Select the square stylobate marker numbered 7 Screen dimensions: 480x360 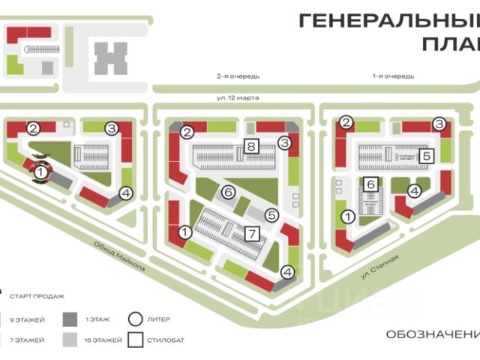pos(252,232)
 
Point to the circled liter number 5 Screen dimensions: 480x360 pos(272,214)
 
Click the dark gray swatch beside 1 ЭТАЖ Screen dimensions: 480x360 pos(69,319)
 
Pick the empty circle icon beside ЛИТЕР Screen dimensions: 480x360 pos(136,319)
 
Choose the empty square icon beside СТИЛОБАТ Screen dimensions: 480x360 pos(136,340)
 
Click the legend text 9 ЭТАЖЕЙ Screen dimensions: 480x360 pos(27,319)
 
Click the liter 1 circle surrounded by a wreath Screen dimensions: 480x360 pos(40,172)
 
